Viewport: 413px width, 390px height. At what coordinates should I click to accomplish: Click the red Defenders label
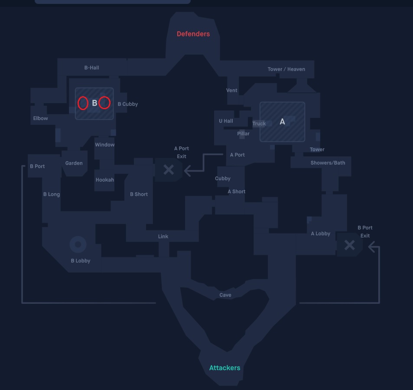tap(193, 34)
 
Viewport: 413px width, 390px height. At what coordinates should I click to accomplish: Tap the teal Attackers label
tap(224, 367)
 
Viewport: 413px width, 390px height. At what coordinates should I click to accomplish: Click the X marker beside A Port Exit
tap(169, 169)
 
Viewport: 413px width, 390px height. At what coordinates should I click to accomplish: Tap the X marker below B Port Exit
tap(350, 245)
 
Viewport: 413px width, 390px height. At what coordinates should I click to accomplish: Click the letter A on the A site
tap(282, 122)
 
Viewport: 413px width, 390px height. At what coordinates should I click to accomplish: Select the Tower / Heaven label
tap(286, 69)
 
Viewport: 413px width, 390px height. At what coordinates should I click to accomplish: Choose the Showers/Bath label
tap(328, 163)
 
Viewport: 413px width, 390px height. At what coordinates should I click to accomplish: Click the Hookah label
tap(105, 180)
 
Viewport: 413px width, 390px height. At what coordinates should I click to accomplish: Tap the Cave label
tap(225, 295)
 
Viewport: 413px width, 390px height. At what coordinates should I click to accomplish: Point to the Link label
tap(163, 237)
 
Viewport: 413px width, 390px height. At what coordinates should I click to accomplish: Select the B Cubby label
tap(128, 104)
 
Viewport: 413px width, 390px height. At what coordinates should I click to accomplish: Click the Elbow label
tap(41, 118)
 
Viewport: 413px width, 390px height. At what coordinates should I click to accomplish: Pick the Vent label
tap(231, 90)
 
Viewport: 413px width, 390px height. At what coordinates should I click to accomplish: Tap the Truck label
tap(259, 123)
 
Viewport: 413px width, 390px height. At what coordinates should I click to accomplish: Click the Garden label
tap(74, 163)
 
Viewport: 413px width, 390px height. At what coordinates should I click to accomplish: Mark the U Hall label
tap(226, 121)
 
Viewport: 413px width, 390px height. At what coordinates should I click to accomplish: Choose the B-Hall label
tap(92, 68)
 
